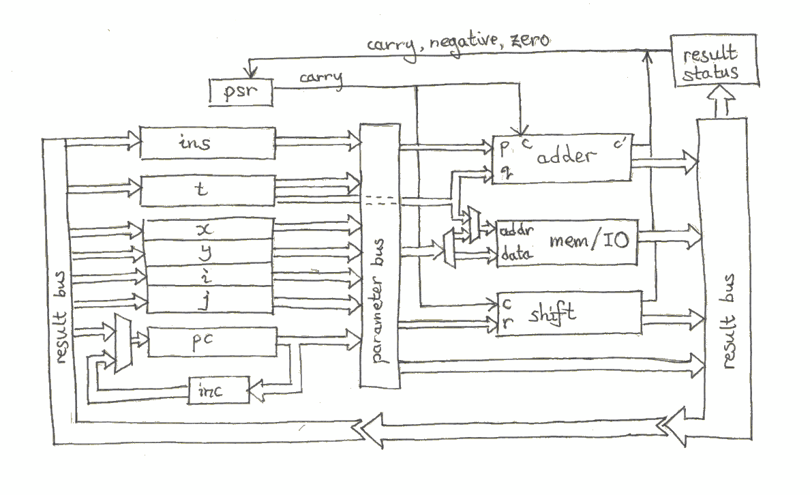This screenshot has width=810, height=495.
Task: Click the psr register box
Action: coord(239,92)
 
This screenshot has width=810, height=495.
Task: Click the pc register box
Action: coord(212,341)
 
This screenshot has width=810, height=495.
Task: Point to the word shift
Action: coord(552,315)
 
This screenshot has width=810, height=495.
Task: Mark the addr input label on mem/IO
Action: coord(516,230)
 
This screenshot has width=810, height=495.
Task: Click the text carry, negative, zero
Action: coord(458,42)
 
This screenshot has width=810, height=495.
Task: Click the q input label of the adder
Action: coord(505,172)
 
